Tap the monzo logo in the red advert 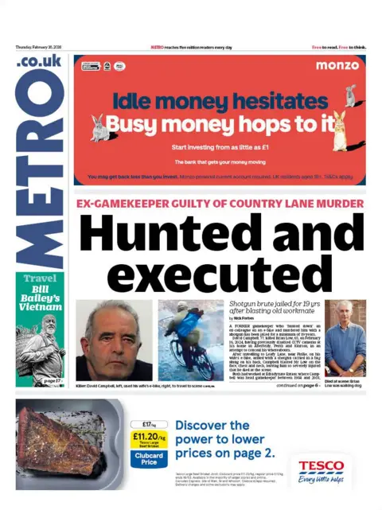pos(337,65)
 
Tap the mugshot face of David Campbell pos(114,341)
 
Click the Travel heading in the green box pos(40,279)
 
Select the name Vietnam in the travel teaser pos(41,306)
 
